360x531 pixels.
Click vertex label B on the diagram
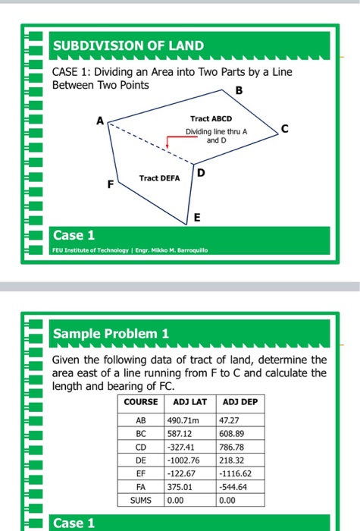pyautogui.click(x=240, y=91)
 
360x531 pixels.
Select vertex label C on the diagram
pyautogui.click(x=284, y=129)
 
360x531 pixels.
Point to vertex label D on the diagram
pyautogui.click(x=200, y=174)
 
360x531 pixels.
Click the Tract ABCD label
pyautogui.click(x=212, y=119)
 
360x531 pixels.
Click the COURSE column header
pyautogui.click(x=140, y=402)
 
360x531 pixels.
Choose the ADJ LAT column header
pyautogui.click(x=190, y=402)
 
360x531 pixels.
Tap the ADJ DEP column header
pyautogui.click(x=241, y=402)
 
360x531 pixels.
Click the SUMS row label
pyautogui.click(x=140, y=501)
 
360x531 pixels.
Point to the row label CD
pyautogui.click(x=140, y=446)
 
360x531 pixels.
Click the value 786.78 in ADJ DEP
pyautogui.click(x=233, y=446)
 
